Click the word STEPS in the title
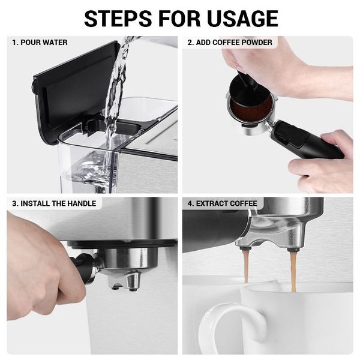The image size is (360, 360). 118,19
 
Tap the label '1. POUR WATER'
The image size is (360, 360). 40,43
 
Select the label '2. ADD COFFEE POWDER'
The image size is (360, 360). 230,43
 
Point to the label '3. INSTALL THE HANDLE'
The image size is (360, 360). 54,203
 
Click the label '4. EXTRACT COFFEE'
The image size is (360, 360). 222,203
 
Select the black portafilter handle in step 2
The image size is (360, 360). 305,140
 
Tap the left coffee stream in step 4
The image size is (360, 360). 246,266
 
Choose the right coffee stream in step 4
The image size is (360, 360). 293,271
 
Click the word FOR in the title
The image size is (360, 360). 179,19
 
